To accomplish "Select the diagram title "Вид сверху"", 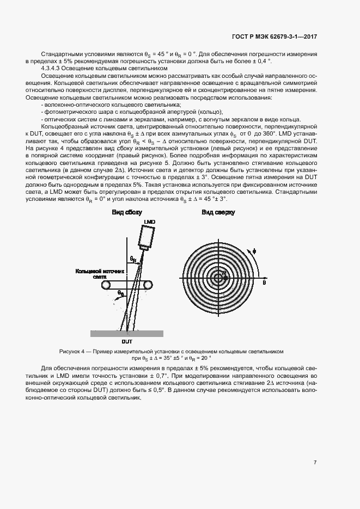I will tap(218, 212).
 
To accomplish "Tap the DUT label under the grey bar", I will tap(127, 341).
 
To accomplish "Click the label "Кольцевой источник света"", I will tap(100, 273).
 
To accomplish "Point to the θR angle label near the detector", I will tap(132, 259).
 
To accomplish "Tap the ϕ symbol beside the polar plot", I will tap(253, 252).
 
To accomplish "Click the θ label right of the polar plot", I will tap(264, 284).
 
